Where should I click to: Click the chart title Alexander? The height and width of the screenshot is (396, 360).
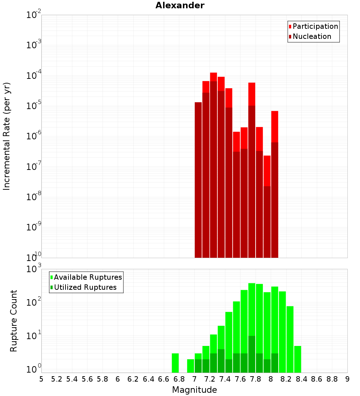tap(180, 6)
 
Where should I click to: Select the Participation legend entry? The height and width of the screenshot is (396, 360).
tap(315, 26)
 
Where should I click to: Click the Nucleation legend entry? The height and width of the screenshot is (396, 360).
tap(311, 36)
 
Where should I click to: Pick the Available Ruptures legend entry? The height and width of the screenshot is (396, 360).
tap(87, 277)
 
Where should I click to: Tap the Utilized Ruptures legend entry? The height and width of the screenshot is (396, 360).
tap(85, 287)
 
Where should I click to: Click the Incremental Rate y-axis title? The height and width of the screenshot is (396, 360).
tap(7, 136)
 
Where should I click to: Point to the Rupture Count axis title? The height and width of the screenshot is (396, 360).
tap(14, 321)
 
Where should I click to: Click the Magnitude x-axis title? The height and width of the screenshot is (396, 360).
tap(194, 390)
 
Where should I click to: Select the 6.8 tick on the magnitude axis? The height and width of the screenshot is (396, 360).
tap(179, 379)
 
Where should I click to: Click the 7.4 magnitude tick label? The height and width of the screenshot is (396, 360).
tap(225, 379)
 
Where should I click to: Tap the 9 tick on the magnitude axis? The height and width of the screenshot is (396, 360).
tap(347, 379)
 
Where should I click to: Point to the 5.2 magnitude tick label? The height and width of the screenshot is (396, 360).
tap(57, 379)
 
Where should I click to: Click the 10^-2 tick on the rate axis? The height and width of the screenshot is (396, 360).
tap(34, 15)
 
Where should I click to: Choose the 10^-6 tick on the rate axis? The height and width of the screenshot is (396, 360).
tap(34, 136)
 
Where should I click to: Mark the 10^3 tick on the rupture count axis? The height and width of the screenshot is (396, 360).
tap(34, 269)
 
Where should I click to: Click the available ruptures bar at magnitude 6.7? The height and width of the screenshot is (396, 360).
tap(175, 363)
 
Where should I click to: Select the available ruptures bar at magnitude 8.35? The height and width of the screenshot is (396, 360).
tap(297, 359)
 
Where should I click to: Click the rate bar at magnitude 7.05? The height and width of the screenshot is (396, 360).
tap(198, 180)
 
